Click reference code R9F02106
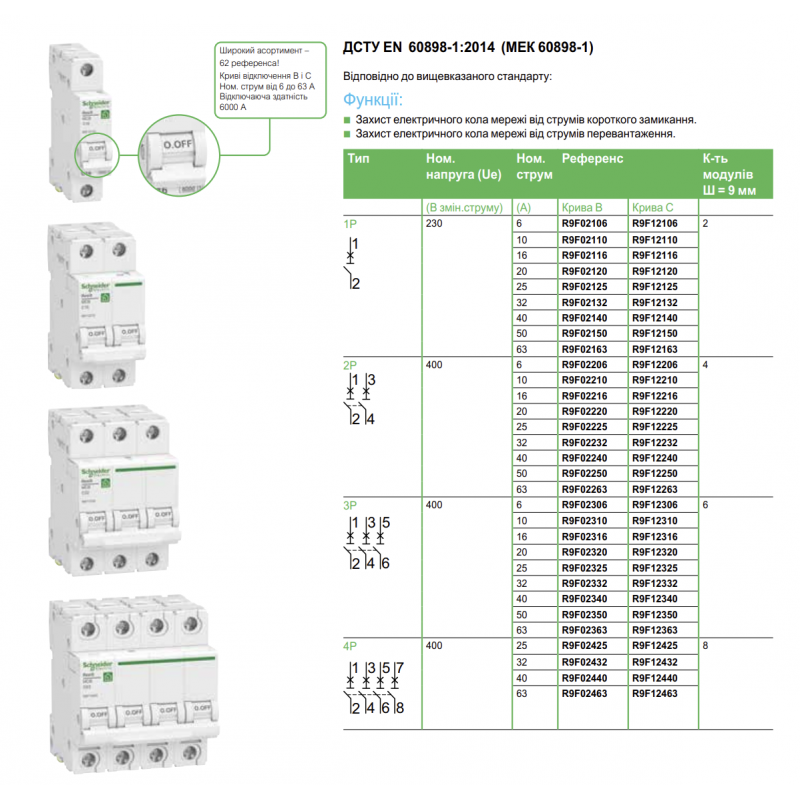pos(585,224)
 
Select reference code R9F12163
pos(654,349)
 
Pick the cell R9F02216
pos(585,396)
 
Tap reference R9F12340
pos(654,599)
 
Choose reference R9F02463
pos(585,692)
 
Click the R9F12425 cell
pos(654,646)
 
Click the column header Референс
pos(592,159)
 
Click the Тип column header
pos(358,159)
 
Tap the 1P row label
pos(350,224)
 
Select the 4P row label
pos(350,646)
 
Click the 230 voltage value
pos(434,224)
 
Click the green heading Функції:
pos(373,100)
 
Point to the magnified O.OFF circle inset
pos(176,156)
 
